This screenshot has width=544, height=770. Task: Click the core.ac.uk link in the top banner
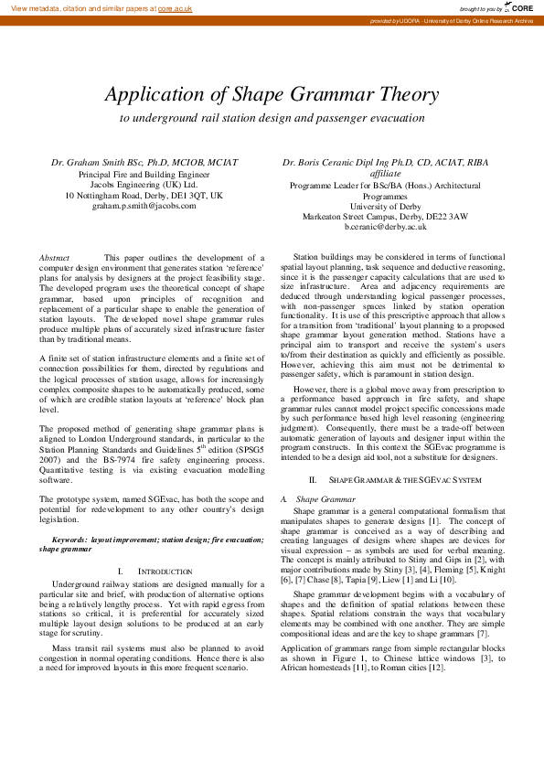click(x=175, y=7)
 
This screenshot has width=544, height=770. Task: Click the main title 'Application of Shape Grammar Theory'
click(x=272, y=94)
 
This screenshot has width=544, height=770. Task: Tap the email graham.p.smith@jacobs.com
click(x=144, y=206)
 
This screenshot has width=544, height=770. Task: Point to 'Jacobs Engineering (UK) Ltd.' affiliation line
click(x=144, y=184)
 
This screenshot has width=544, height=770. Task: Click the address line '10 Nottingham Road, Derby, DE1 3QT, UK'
click(x=144, y=195)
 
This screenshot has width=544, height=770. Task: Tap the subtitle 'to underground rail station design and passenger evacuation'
click(x=272, y=118)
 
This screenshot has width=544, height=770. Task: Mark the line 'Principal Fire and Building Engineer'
click(x=144, y=174)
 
